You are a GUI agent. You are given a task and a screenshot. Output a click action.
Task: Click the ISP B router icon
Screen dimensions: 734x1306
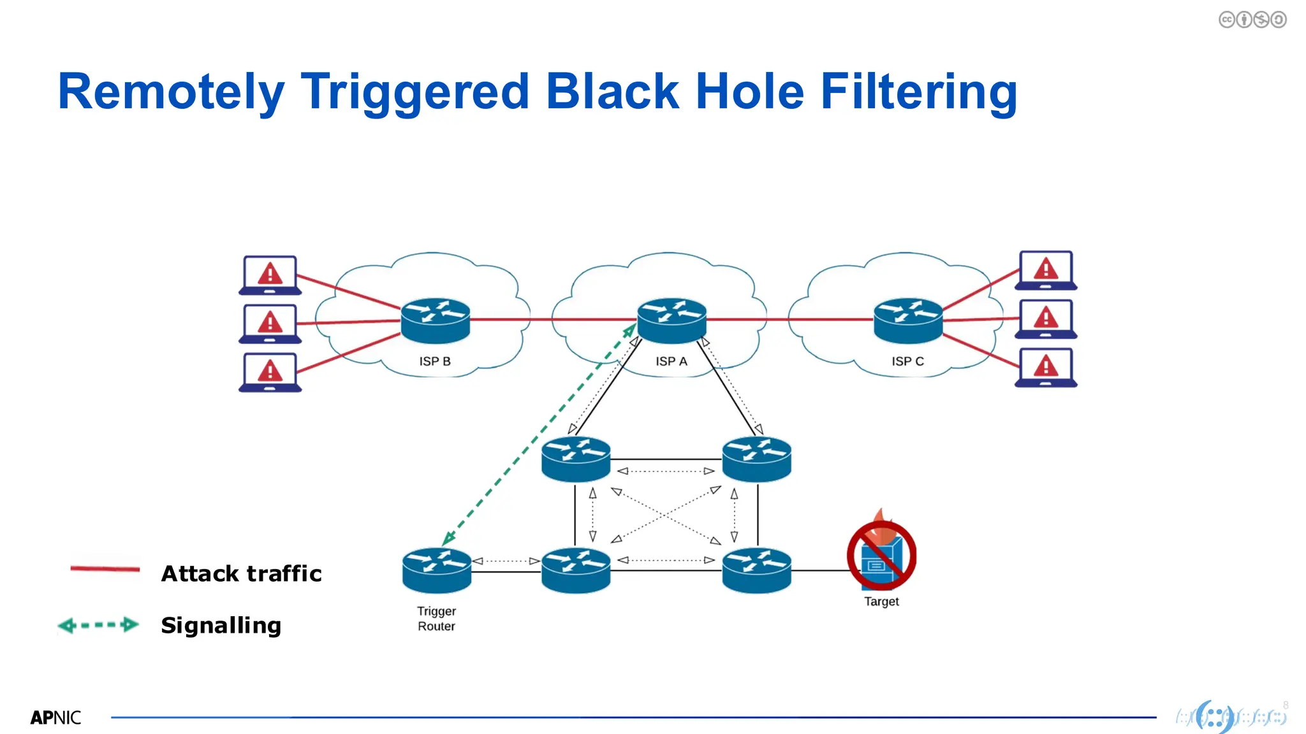pos(436,320)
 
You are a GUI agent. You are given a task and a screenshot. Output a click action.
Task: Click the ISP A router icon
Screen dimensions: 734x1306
pos(671,320)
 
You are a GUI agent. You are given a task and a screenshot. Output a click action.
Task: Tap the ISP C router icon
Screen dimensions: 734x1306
pos(907,320)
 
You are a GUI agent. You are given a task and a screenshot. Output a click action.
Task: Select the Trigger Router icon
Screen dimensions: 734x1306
pos(437,570)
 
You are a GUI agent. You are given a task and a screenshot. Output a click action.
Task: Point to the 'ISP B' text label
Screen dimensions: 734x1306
pos(435,361)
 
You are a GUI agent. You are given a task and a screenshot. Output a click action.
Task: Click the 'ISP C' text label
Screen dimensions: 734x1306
pos(907,361)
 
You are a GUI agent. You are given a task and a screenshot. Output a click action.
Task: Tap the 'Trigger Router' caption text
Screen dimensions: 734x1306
pos(436,619)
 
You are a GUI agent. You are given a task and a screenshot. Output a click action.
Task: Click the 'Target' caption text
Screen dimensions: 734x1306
pos(881,601)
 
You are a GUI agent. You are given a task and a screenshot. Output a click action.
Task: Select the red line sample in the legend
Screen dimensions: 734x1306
pos(105,568)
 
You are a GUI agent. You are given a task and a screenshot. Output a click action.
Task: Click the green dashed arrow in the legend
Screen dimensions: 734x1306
pos(98,625)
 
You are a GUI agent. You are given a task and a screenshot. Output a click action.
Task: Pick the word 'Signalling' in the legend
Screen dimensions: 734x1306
pos(221,625)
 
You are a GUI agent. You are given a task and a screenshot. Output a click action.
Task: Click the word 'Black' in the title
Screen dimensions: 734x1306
pos(612,92)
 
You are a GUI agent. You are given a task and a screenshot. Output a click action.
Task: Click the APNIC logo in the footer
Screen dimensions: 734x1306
pos(55,718)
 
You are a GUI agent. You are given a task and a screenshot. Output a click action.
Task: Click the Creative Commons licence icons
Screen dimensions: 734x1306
pos(1252,20)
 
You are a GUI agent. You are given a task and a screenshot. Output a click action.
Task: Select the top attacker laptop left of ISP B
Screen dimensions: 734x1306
pos(270,275)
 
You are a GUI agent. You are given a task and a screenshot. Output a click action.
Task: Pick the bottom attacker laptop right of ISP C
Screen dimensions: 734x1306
pos(1046,368)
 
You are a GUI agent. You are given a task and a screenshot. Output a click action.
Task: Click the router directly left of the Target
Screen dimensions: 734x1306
pos(756,570)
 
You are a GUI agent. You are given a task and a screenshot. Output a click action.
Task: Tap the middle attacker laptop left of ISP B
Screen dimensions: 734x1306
pos(270,324)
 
